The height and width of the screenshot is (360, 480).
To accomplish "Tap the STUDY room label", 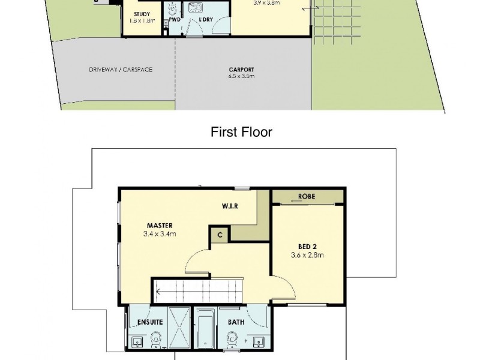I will (x=142, y=14).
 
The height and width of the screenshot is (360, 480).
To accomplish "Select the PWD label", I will (x=175, y=20).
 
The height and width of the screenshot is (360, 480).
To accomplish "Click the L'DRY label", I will (x=206, y=20).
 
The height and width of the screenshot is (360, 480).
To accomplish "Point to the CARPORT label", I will (x=241, y=69).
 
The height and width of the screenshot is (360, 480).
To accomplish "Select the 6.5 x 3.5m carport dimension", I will (x=241, y=76).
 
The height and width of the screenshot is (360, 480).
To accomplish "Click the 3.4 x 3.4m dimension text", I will (x=159, y=235).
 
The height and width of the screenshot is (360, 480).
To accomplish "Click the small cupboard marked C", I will (x=220, y=235).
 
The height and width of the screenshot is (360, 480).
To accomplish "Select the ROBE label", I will (x=308, y=197).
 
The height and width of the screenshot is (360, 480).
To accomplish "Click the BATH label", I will (x=236, y=322).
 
